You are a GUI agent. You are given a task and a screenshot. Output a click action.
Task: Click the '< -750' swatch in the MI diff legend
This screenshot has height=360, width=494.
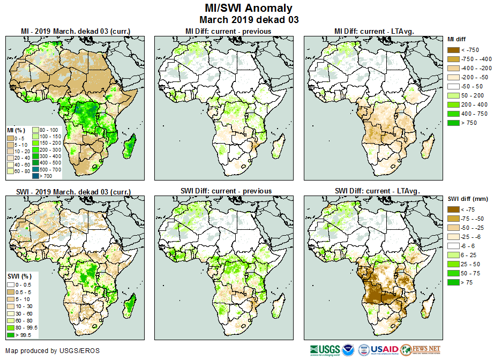click(454, 50)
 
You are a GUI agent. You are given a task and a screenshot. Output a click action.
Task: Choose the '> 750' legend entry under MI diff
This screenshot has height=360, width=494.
click(454, 123)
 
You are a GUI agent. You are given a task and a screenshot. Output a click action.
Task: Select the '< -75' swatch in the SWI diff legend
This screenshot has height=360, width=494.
click(454, 209)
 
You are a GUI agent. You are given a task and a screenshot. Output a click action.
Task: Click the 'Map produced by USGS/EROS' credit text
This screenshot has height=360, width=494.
click(52, 351)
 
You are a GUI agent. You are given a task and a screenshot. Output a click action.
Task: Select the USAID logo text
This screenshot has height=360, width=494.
click(385, 350)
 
